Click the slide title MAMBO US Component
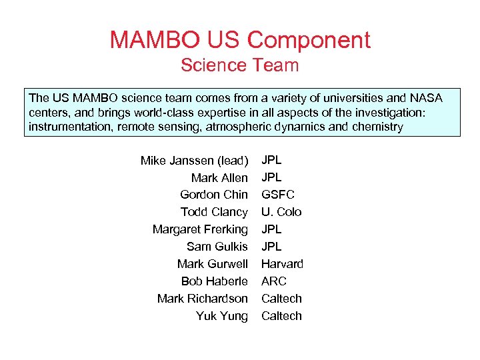pyautogui.click(x=240, y=40)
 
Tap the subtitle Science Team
pyautogui.click(x=240, y=65)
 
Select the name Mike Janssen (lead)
pyautogui.click(x=194, y=161)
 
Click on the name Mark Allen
pyautogui.click(x=219, y=178)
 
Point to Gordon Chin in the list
pyautogui.click(x=214, y=195)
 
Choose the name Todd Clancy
pyautogui.click(x=214, y=212)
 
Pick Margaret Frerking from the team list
pyautogui.click(x=200, y=229)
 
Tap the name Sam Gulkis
pyautogui.click(x=217, y=247)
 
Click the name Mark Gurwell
pyautogui.click(x=213, y=264)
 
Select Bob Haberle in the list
pyautogui.click(x=215, y=281)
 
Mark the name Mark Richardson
pyautogui.click(x=203, y=299)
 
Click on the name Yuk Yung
pyautogui.click(x=222, y=316)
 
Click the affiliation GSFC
pyautogui.click(x=278, y=195)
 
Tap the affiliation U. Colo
pyautogui.click(x=281, y=212)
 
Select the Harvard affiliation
pyautogui.click(x=282, y=264)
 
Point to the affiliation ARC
pyautogui.click(x=274, y=281)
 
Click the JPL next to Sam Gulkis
pyautogui.click(x=271, y=247)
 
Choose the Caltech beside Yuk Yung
pyautogui.click(x=281, y=316)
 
